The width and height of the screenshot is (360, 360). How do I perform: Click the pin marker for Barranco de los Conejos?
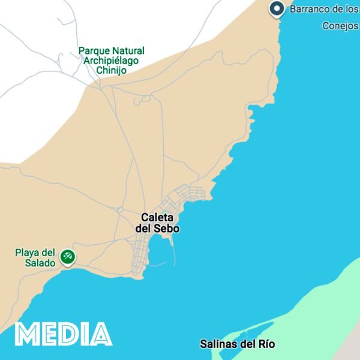(x=277, y=8)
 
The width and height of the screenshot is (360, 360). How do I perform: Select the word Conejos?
(x=340, y=26)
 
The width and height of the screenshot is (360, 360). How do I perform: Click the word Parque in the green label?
(x=94, y=51)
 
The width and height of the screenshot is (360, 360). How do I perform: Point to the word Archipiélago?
(x=112, y=61)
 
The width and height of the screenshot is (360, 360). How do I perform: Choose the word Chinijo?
(x=111, y=70)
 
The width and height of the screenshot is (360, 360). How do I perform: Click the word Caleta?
(x=157, y=217)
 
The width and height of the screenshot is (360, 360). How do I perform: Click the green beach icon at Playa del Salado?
(x=68, y=257)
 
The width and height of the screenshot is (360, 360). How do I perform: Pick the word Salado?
(x=41, y=263)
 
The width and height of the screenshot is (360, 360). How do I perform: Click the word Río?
(x=265, y=344)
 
